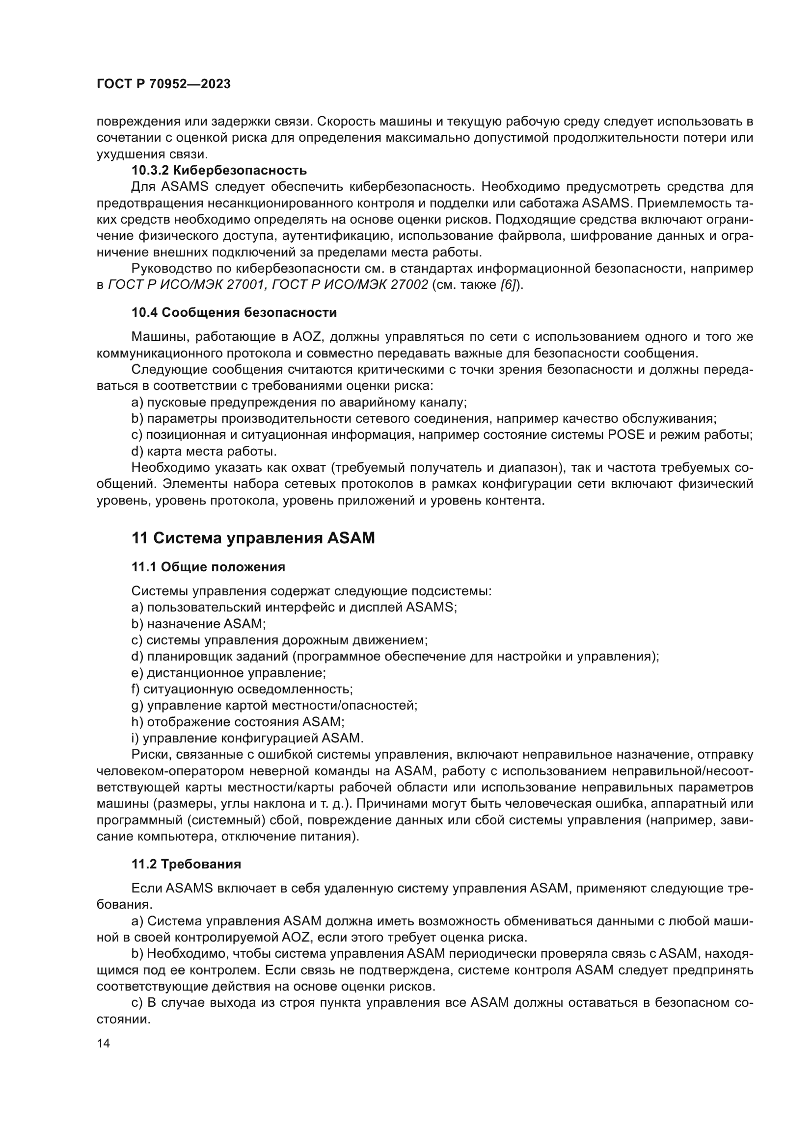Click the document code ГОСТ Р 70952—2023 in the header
coord(163,84)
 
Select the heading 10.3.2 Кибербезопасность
coord(219,170)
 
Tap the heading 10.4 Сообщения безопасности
coord(234,313)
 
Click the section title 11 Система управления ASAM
coord(253,538)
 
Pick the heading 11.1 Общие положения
coord(208,567)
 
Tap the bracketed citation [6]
coord(511,285)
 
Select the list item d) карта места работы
coord(204,452)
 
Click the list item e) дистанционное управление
coord(228,673)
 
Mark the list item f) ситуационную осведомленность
coord(242,689)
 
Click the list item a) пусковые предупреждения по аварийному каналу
coord(298,402)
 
